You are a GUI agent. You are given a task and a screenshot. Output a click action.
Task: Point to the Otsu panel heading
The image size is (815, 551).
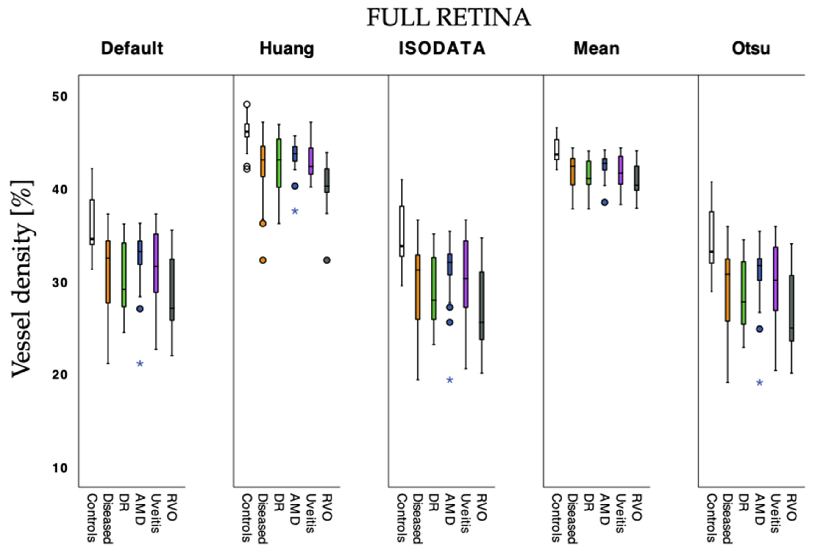(x=751, y=48)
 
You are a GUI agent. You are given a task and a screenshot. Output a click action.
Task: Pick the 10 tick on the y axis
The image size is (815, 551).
(x=60, y=468)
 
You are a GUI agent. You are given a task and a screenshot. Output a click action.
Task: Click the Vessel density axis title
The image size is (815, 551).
(x=22, y=279)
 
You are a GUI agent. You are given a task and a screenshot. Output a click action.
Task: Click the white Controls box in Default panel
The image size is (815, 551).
(x=92, y=222)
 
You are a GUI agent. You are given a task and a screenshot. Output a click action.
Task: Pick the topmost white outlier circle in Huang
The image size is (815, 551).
(x=247, y=104)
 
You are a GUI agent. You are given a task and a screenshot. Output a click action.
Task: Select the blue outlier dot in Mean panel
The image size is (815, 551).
(x=605, y=202)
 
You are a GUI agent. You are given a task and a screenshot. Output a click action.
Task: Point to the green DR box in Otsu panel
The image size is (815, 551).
(x=743, y=293)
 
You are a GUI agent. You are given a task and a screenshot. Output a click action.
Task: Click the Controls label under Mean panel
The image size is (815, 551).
(x=556, y=518)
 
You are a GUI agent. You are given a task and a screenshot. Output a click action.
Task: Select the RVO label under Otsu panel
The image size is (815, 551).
(x=792, y=507)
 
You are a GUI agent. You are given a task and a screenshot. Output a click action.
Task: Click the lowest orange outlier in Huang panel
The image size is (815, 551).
(x=263, y=260)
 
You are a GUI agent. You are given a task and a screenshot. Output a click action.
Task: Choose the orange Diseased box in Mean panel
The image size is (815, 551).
(x=573, y=172)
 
